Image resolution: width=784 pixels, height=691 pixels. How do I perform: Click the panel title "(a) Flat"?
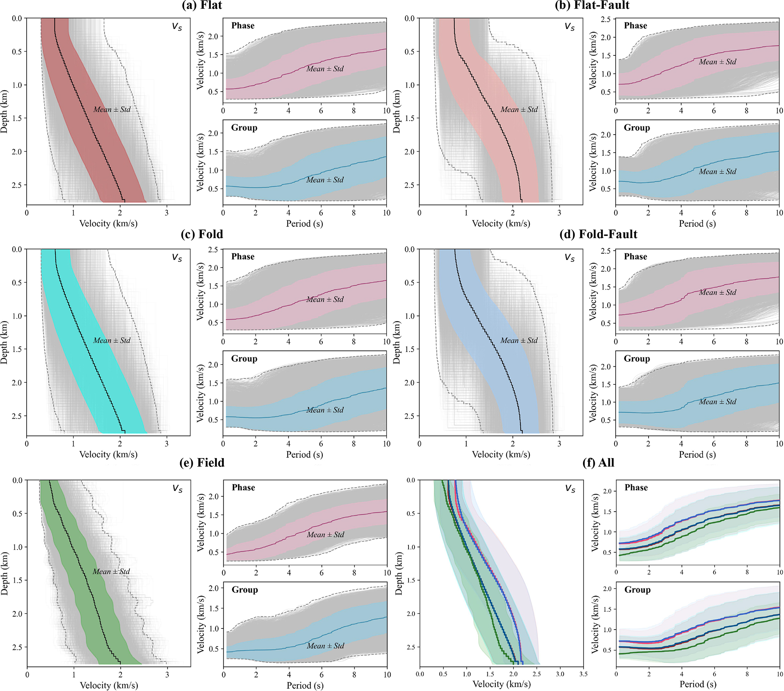(202, 5)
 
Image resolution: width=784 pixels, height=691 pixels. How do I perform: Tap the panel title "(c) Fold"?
(202, 234)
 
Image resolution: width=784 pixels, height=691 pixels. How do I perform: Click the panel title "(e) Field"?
(202, 462)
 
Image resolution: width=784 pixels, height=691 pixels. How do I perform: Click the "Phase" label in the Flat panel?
(243, 26)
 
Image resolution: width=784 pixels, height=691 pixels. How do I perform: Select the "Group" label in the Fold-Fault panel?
(637, 358)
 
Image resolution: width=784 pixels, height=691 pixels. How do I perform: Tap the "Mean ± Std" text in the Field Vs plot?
(111, 572)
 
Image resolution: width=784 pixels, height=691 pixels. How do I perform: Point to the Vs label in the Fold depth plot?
(177, 257)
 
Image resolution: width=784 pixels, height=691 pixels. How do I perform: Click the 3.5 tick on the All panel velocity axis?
(583, 674)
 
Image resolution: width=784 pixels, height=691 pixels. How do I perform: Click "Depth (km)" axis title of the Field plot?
(5, 573)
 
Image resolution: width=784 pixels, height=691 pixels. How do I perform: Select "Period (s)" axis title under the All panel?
(698, 684)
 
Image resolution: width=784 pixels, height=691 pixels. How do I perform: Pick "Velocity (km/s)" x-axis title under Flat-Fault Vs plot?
(501, 223)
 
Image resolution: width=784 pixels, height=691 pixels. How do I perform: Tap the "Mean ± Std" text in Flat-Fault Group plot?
(717, 172)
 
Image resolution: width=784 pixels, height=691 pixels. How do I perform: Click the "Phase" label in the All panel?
(636, 488)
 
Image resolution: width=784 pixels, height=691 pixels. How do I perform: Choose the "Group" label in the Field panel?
(245, 590)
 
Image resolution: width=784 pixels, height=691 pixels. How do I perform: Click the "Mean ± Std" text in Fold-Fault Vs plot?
(518, 341)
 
